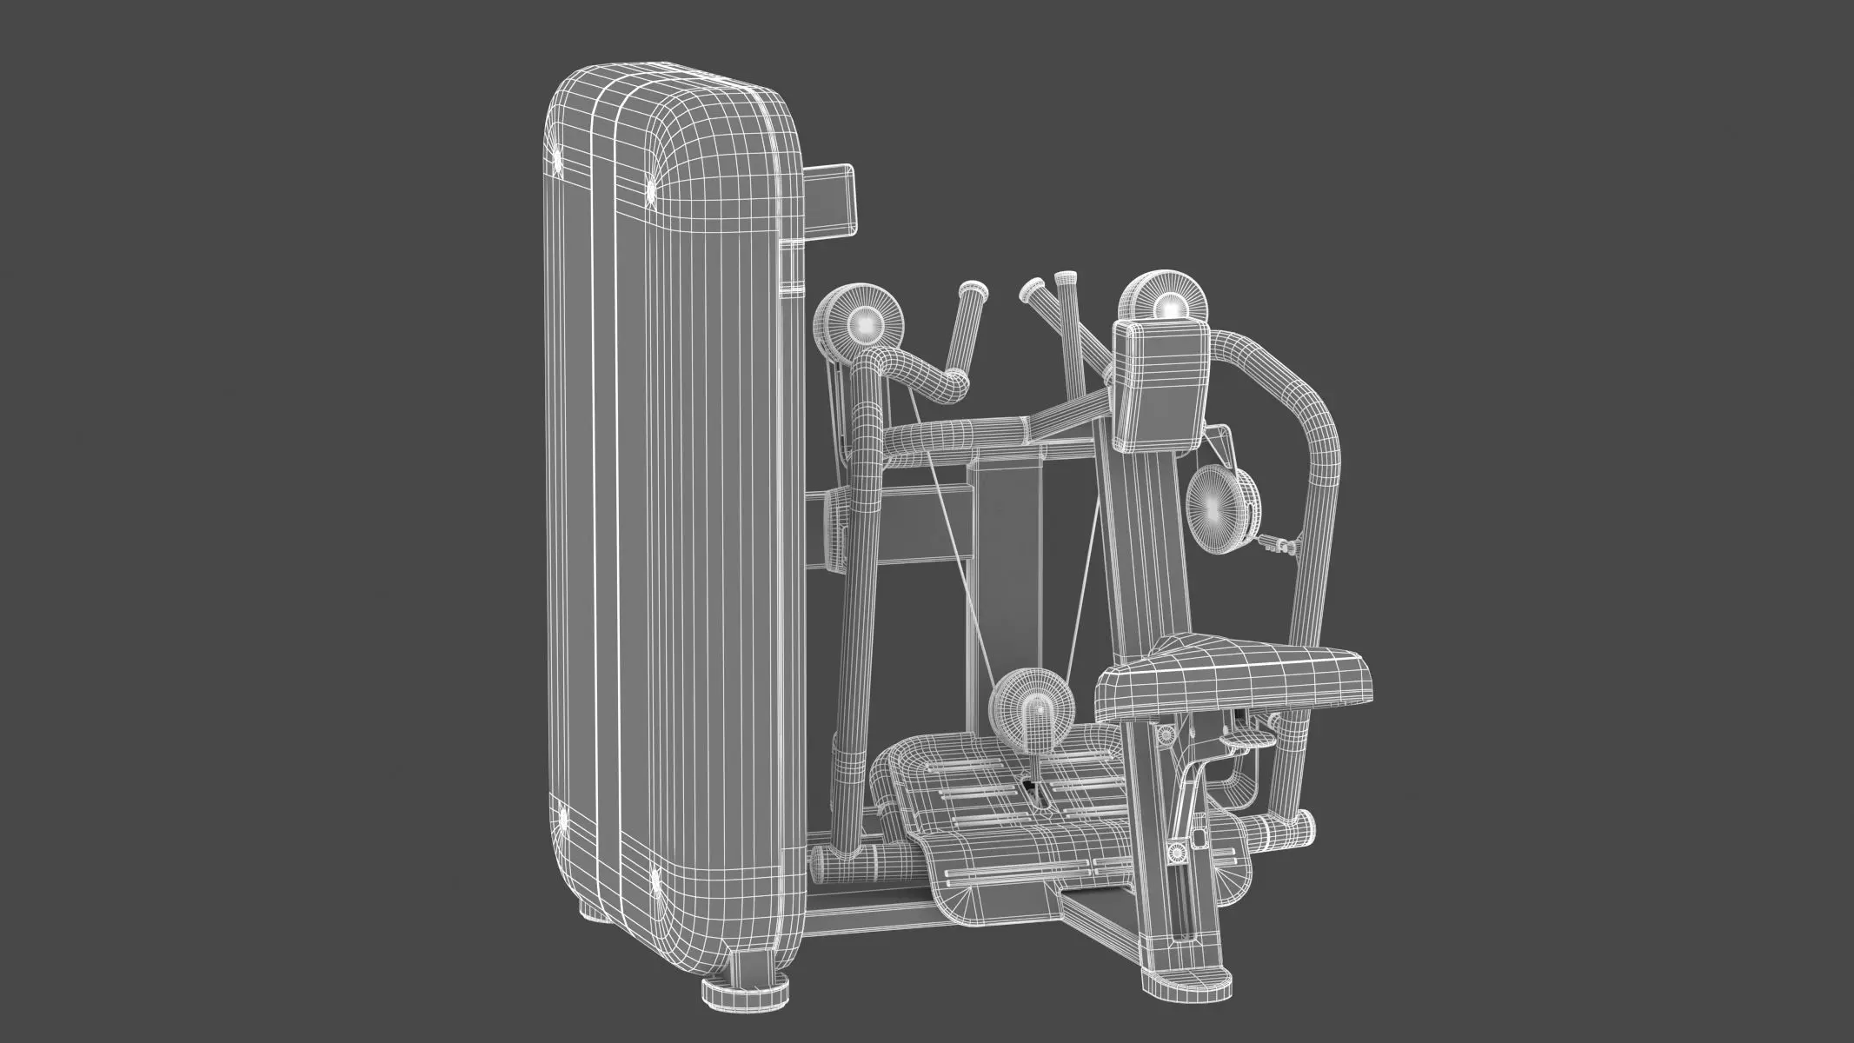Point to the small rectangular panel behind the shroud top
click(221, 201)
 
